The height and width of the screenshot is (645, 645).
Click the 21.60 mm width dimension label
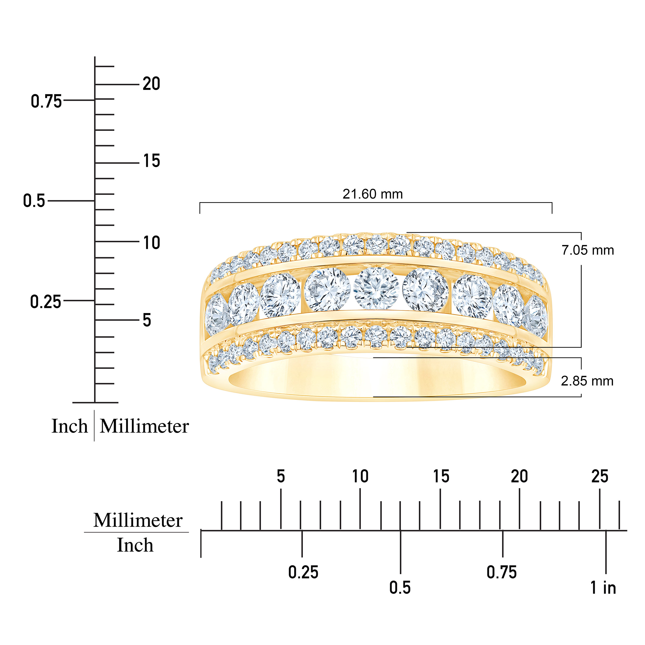tap(372, 194)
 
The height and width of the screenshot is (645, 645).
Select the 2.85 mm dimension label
tap(587, 381)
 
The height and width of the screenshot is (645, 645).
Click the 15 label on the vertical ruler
tap(152, 161)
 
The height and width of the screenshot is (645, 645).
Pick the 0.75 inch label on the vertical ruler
tap(46, 102)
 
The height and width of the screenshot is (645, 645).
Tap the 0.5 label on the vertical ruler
tap(34, 201)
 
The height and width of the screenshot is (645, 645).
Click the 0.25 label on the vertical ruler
tap(46, 302)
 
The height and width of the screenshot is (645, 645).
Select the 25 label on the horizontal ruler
tap(600, 476)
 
